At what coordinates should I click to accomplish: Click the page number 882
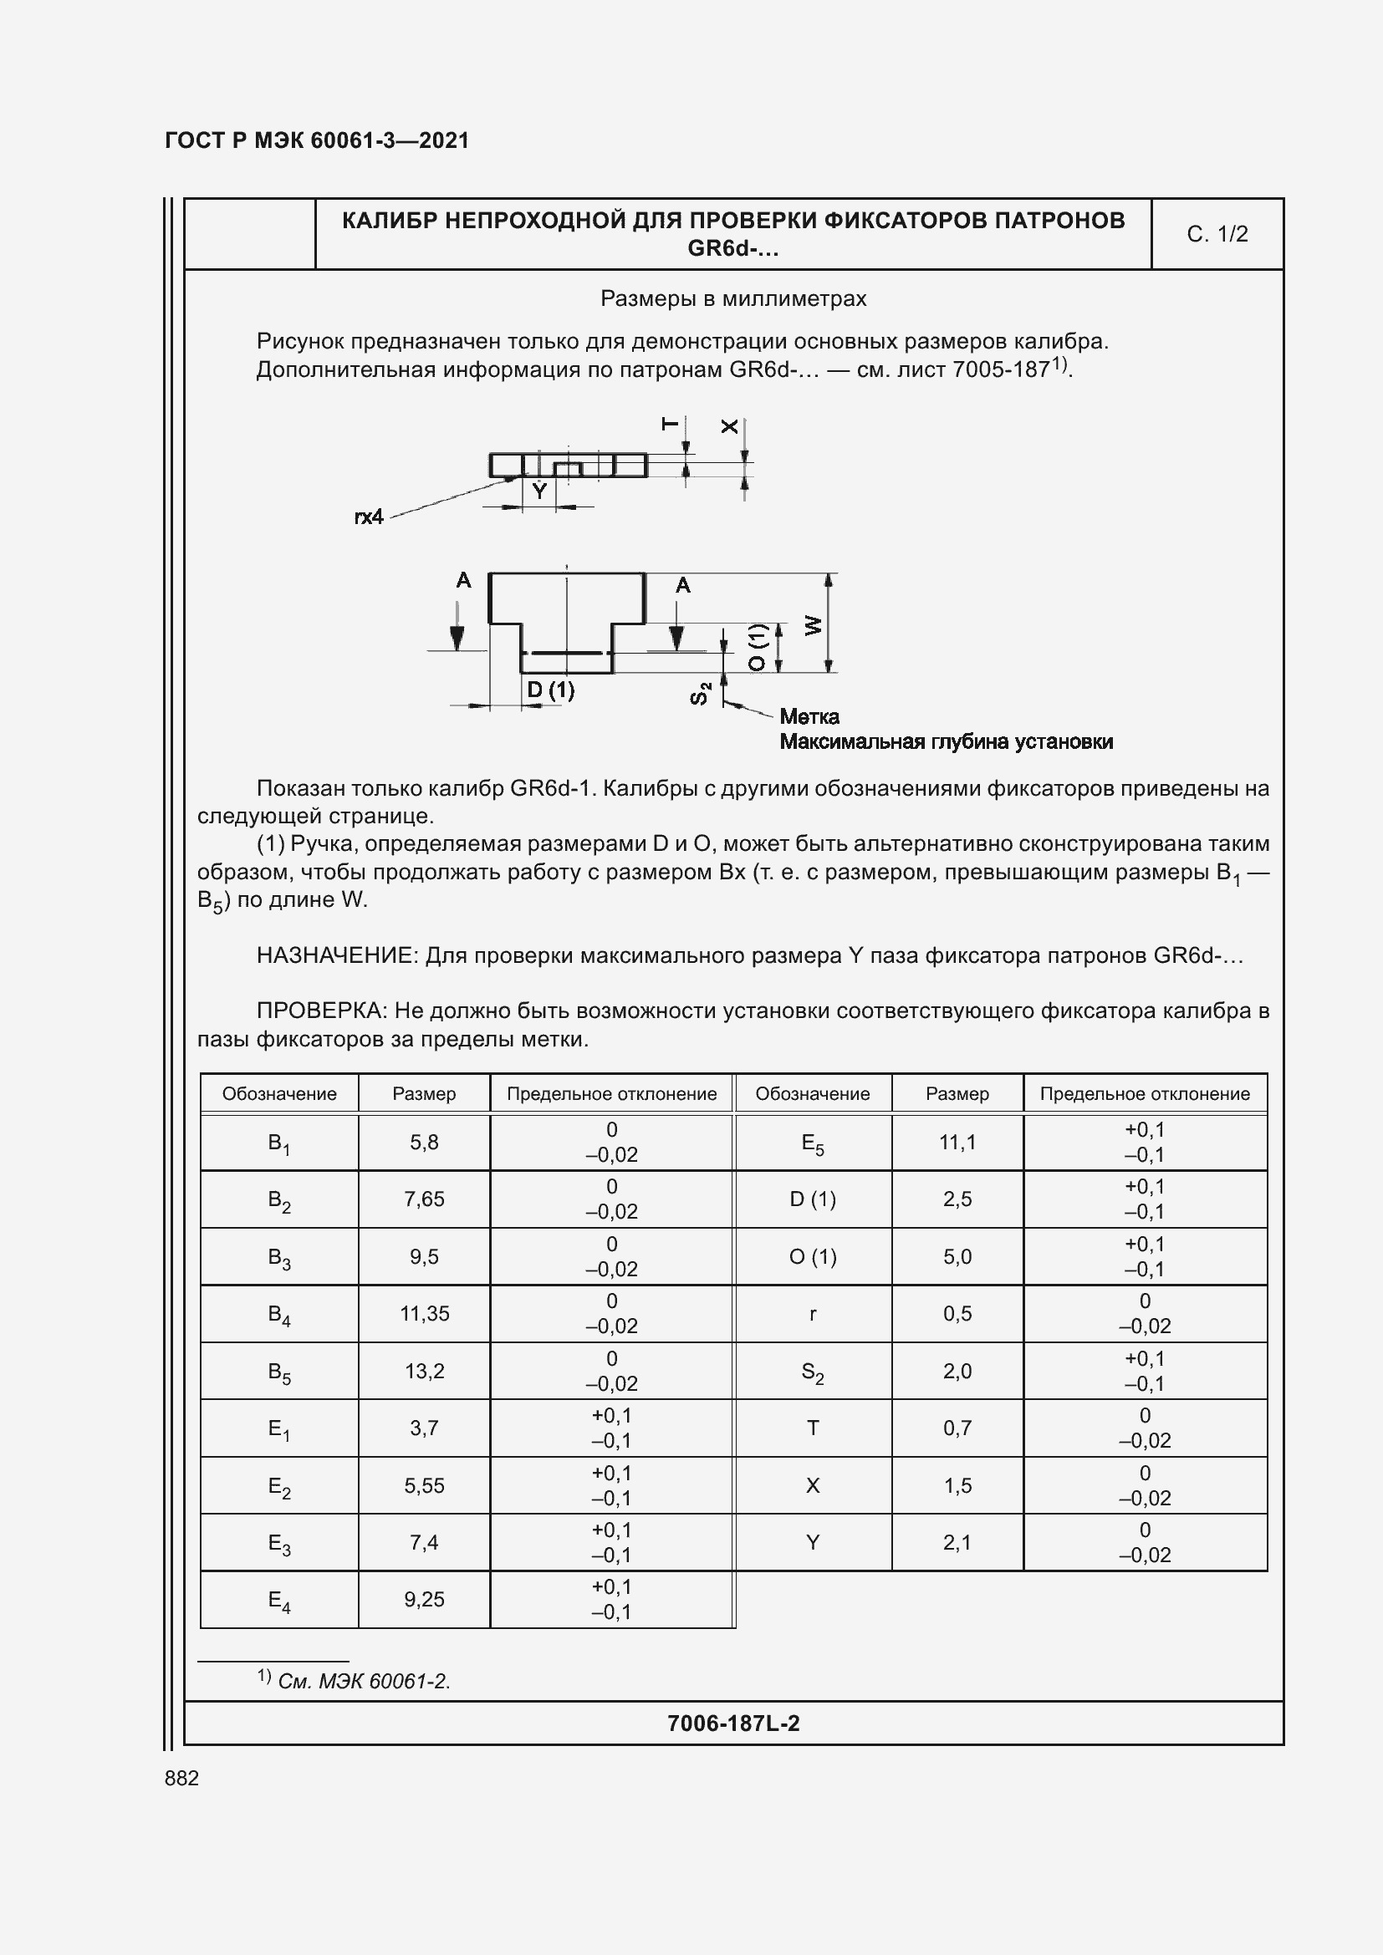click(181, 1778)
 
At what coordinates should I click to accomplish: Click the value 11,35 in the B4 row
click(424, 1313)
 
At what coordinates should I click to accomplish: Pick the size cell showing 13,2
click(424, 1371)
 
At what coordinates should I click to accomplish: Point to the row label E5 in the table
click(813, 1143)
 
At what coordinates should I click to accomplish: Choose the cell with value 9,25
click(424, 1599)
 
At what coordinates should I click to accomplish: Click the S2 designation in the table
click(813, 1372)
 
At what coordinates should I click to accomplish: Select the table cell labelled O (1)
click(813, 1257)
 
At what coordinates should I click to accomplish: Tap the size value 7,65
click(424, 1199)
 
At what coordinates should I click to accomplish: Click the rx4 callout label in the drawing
click(369, 517)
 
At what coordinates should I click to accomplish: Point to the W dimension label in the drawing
click(814, 625)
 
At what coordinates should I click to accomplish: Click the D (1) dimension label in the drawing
click(550, 690)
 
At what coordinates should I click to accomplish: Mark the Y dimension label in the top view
click(538, 491)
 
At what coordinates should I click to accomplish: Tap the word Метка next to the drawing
click(809, 716)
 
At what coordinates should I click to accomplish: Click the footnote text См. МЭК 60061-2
click(364, 1681)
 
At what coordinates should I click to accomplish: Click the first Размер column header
click(424, 1093)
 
